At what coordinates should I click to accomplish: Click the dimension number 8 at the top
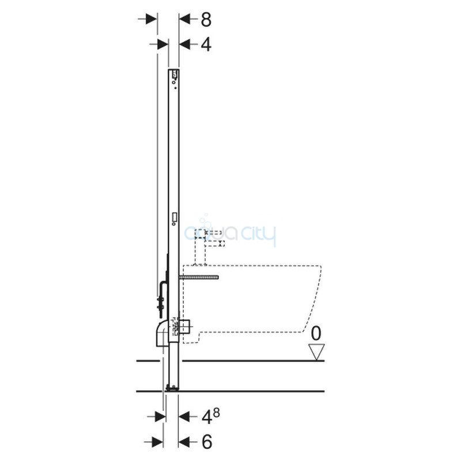206,20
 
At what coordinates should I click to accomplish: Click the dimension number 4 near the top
206,45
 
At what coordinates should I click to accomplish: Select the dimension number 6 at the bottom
207,441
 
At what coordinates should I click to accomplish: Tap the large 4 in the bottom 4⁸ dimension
207,417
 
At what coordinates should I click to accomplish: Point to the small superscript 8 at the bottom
217,413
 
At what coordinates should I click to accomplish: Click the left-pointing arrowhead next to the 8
184,20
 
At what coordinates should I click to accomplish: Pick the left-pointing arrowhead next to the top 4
184,45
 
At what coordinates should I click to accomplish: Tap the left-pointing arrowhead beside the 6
183,441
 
